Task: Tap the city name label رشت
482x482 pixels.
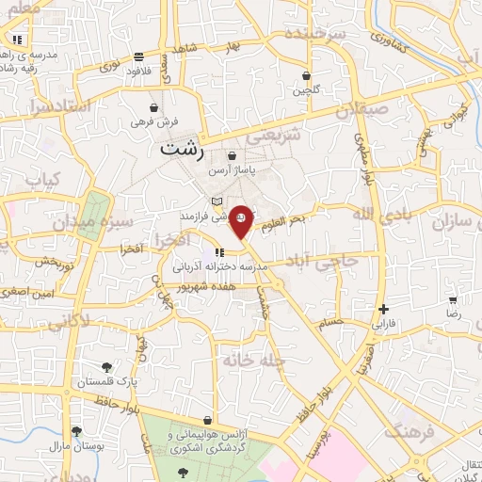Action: click(182, 149)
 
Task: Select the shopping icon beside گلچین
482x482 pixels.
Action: click(307, 76)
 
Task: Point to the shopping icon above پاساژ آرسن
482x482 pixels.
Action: click(233, 156)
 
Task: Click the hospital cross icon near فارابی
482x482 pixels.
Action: click(383, 309)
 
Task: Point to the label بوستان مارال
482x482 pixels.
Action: click(72, 442)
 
